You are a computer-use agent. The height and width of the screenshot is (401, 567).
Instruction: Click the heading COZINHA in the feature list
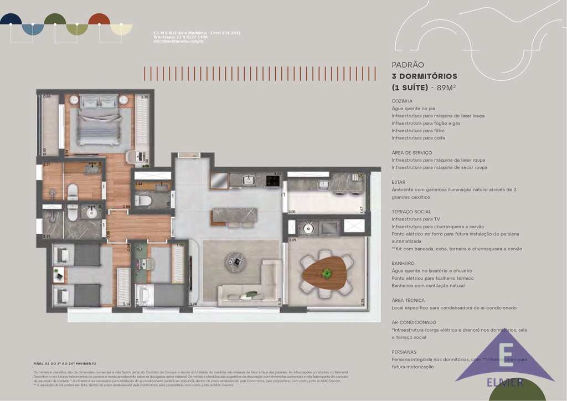click(402, 101)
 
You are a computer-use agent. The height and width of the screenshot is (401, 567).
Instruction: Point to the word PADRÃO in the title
click(408, 65)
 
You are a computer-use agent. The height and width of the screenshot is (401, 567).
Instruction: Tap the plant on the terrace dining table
click(327, 273)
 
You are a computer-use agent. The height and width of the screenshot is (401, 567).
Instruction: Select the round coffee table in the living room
click(235, 261)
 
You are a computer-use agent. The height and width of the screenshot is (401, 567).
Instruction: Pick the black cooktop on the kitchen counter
click(273, 180)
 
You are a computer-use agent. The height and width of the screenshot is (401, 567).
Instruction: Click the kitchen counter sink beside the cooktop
click(249, 180)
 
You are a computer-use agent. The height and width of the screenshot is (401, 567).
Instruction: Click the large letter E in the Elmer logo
click(506, 355)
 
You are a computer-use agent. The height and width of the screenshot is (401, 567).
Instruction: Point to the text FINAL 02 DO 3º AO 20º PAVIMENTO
click(65, 363)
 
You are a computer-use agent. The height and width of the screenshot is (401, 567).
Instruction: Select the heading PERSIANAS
click(404, 352)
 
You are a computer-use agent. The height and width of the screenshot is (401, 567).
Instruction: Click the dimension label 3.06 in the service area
click(291, 212)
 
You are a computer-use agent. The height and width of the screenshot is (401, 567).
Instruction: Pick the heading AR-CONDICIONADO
click(414, 322)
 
